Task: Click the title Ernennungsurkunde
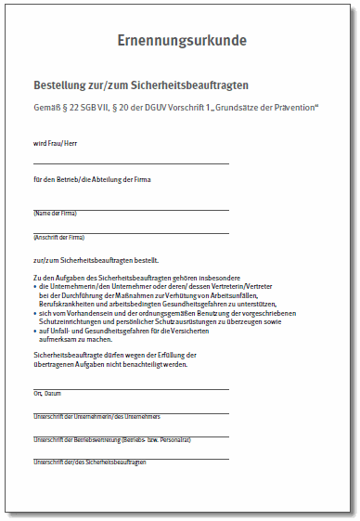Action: [181, 41]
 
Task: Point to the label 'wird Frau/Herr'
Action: [55, 143]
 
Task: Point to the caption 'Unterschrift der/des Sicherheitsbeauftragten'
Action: [89, 462]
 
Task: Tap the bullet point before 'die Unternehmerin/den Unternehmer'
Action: [34, 288]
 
